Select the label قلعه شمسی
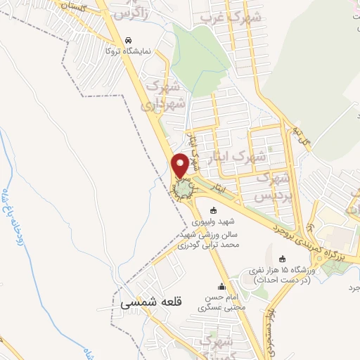coord(150,302)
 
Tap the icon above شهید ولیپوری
coord(214,210)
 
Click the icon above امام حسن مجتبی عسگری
coord(222,286)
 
